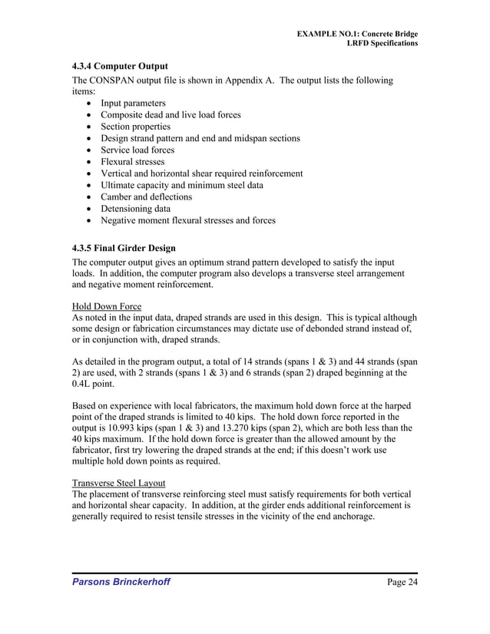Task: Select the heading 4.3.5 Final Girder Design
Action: click(x=124, y=248)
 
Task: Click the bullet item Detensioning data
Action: click(x=130, y=209)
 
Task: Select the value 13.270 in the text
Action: click(x=250, y=428)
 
